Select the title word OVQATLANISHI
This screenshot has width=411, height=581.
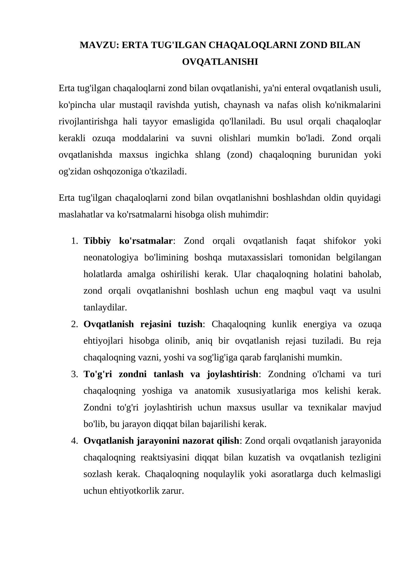pyautogui.click(x=220, y=62)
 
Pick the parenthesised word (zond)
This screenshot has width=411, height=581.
pyautogui.click(x=239, y=155)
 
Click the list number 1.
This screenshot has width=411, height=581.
pyautogui.click(x=74, y=241)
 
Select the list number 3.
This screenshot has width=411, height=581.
pyautogui.click(x=74, y=374)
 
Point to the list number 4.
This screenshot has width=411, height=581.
pyautogui.click(x=74, y=441)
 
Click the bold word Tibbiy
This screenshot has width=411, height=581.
pyautogui.click(x=97, y=241)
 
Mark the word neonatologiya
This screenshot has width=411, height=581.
pyautogui.click(x=111, y=257)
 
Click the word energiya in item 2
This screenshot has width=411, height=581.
pyautogui.click(x=320, y=324)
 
